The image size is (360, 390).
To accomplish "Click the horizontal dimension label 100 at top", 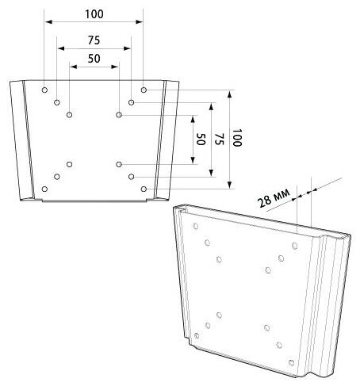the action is click(94, 14).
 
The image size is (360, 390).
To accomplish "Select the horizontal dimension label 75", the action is click(94, 40).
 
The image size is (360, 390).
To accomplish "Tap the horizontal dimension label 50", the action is click(94, 59).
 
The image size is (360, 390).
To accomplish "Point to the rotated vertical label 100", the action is click(237, 138).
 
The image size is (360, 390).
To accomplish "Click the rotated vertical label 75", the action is click(219, 139).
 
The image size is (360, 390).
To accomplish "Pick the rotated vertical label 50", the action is click(201, 139).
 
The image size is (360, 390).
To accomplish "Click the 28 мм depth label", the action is click(274, 197).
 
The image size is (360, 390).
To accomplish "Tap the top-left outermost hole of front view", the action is click(44, 90).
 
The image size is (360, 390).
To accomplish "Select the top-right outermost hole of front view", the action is click(144, 90).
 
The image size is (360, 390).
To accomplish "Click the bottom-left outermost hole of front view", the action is click(44, 189).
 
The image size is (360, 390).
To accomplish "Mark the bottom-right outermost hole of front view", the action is click(144, 189).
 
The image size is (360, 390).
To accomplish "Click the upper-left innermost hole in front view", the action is click(70, 115).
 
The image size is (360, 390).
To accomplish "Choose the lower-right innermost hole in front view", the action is click(119, 164).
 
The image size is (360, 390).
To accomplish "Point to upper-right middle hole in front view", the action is click(131, 102).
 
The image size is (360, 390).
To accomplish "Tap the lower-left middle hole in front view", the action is click(57, 177).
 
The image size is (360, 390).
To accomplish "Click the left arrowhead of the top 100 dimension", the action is click(48, 21).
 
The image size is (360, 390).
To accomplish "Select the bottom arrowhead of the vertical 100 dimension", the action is click(230, 185).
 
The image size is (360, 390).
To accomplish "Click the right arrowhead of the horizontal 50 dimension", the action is click(115, 67).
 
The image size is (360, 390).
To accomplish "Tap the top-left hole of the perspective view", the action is click(196, 226).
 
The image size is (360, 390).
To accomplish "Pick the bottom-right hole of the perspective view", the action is click(292, 362).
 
